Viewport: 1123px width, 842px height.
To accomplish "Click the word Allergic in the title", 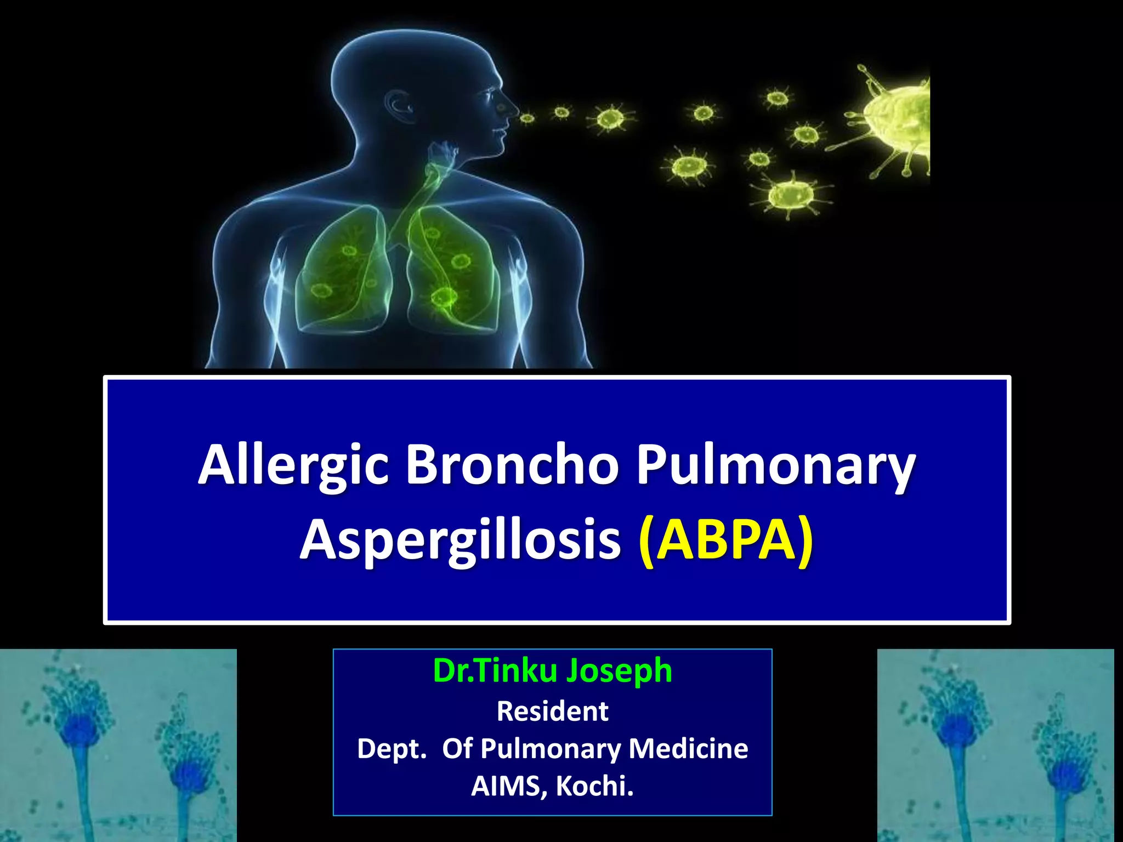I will [293, 466].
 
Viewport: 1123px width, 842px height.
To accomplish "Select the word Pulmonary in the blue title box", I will [775, 466].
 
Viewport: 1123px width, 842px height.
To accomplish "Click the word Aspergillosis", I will [461, 540].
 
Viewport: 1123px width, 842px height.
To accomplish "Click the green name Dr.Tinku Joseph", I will [552, 670].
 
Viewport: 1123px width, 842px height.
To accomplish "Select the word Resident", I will [552, 711].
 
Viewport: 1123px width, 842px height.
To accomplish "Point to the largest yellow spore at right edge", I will [899, 121].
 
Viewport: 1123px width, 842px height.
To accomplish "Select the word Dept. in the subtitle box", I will [392, 748].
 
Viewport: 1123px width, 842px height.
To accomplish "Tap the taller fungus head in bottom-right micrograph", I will [957, 726].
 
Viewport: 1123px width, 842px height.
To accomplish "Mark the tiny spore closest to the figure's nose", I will [528, 117].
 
